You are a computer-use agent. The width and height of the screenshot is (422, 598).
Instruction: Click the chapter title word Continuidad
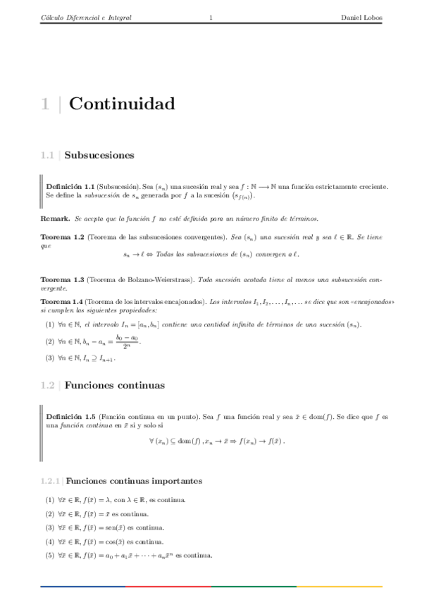(x=122, y=104)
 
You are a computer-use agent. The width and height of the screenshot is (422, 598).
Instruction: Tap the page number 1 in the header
(x=211, y=18)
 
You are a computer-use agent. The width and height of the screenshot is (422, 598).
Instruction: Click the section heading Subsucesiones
(x=99, y=155)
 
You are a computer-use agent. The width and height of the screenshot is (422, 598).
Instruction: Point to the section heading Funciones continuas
(x=114, y=385)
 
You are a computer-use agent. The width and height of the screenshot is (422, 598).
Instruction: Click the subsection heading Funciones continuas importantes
(x=134, y=481)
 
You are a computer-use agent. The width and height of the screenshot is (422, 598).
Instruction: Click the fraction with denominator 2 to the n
(x=127, y=341)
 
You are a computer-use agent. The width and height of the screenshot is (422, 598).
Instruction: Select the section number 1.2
(x=47, y=385)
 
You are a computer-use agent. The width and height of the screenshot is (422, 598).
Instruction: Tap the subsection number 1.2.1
(x=51, y=481)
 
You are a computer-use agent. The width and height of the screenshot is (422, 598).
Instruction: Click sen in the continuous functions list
(x=108, y=527)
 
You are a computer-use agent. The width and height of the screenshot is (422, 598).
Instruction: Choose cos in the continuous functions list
(x=108, y=542)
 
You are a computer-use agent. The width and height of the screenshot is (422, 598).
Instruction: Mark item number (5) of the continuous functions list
(x=49, y=555)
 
